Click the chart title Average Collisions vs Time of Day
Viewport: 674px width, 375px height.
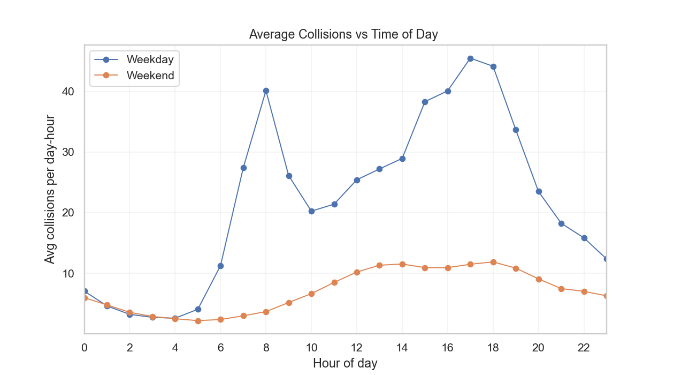point(343,35)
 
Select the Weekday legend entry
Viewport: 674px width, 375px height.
point(150,59)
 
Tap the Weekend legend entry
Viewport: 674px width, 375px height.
point(150,76)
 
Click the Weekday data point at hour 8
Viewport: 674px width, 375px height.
point(266,91)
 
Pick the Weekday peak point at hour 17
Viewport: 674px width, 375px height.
point(470,58)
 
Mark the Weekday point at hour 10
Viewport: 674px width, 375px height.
point(311,211)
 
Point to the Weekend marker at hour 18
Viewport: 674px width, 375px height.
point(493,262)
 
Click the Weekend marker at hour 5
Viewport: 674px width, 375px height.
point(198,321)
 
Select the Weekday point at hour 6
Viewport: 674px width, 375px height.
point(220,266)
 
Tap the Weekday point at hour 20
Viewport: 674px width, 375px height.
point(539,191)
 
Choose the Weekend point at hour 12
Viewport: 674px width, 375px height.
point(357,272)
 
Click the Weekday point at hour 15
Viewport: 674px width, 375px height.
point(425,102)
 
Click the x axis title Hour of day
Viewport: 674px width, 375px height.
point(345,363)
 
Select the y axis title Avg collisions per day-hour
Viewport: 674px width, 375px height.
point(50,189)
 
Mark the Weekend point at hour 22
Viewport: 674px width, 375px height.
point(584,291)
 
